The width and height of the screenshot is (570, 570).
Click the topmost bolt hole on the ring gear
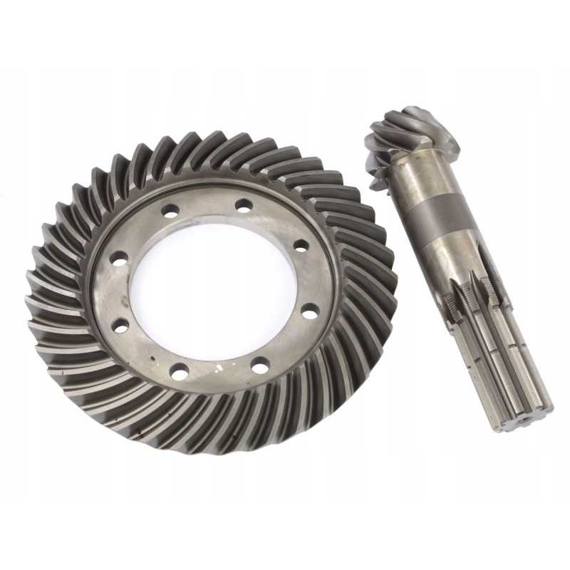pos(244,206)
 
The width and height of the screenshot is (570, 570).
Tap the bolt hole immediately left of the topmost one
pos(171,211)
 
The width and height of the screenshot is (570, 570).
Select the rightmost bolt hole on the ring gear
pos(310,311)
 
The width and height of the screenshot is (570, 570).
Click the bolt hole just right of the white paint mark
pos(261,366)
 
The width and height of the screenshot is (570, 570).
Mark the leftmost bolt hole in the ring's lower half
pos(120,326)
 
